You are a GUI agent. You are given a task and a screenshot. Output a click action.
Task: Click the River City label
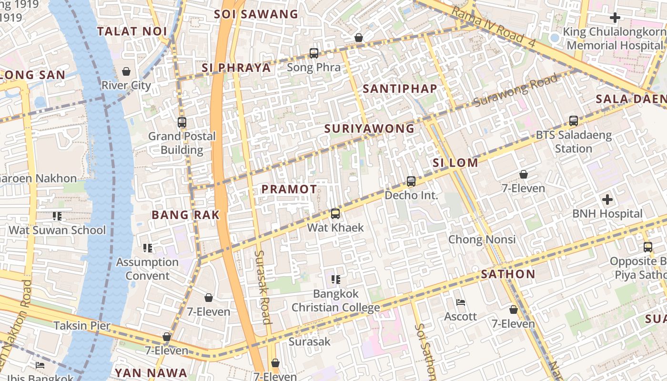(126, 85)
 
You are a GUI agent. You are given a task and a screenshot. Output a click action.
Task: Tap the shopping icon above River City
(126, 71)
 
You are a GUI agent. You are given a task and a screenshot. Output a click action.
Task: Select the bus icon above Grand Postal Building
(182, 122)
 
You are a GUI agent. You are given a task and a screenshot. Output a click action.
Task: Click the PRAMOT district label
(289, 189)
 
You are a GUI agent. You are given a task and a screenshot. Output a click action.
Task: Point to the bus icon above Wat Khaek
(335, 214)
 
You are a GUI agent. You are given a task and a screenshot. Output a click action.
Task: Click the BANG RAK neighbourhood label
(185, 215)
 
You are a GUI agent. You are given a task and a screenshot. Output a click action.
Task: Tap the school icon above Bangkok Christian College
(336, 280)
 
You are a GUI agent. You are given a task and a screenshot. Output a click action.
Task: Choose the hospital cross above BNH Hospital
(607, 200)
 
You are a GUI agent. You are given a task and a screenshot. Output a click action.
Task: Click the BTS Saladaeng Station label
(574, 141)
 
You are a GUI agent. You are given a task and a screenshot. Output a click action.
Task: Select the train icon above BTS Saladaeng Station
(574, 121)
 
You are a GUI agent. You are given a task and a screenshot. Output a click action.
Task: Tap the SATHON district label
(508, 274)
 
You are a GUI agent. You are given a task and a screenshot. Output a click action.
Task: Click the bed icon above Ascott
(461, 302)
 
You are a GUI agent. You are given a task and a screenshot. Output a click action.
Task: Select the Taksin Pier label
(82, 326)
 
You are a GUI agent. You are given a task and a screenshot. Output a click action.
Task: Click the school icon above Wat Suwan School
(57, 216)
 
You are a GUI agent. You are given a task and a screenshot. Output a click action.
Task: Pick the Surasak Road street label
(263, 287)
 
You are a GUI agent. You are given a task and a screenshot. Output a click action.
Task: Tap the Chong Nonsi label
(482, 239)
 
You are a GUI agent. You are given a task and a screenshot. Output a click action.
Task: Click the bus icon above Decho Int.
(411, 181)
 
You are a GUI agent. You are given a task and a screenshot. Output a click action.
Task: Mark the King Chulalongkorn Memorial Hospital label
(615, 39)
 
